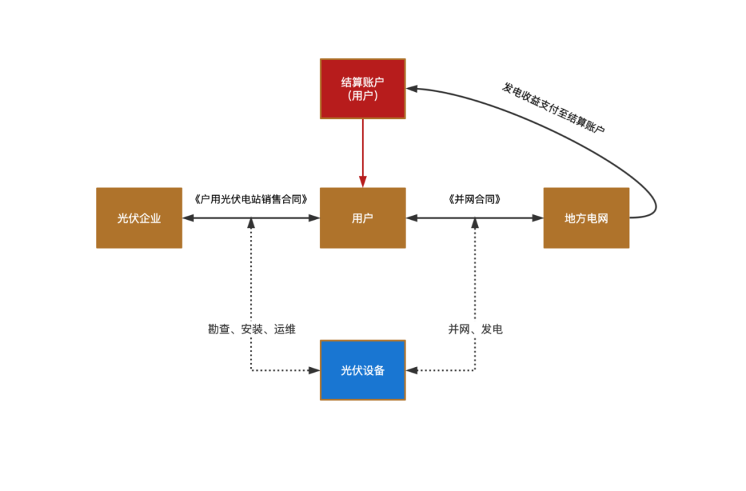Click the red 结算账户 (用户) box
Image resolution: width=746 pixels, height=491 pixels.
pyautogui.click(x=363, y=89)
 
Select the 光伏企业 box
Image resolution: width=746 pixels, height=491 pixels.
pyautogui.click(x=139, y=218)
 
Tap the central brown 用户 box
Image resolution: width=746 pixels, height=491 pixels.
pyautogui.click(x=363, y=218)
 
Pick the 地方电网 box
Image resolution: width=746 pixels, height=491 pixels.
pyautogui.click(x=586, y=218)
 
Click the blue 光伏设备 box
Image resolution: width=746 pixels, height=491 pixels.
pyautogui.click(x=363, y=370)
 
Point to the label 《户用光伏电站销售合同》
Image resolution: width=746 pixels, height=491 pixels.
pyautogui.click(x=251, y=199)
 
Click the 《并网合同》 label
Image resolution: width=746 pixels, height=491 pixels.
pyautogui.click(x=475, y=199)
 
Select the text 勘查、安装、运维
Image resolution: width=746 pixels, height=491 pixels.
pyautogui.click(x=251, y=329)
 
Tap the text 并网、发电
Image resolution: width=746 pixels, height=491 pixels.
pyautogui.click(x=475, y=329)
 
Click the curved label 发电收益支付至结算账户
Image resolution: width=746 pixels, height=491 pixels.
pyautogui.click(x=553, y=108)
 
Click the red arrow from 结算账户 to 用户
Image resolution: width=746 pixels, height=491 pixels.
pyautogui.click(x=363, y=152)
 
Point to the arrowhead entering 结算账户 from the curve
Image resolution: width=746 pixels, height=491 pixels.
pyautogui.click(x=412, y=89)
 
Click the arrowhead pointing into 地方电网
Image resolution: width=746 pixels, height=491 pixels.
pyautogui.click(x=538, y=218)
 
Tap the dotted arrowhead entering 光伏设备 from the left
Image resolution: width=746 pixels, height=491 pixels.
pyautogui.click(x=315, y=370)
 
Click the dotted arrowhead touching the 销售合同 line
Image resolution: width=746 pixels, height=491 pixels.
pyautogui.click(x=251, y=223)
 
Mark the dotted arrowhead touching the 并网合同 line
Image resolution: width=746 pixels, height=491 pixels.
pyautogui.click(x=475, y=223)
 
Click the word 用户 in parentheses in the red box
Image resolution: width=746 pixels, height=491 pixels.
pyautogui.click(x=363, y=96)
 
